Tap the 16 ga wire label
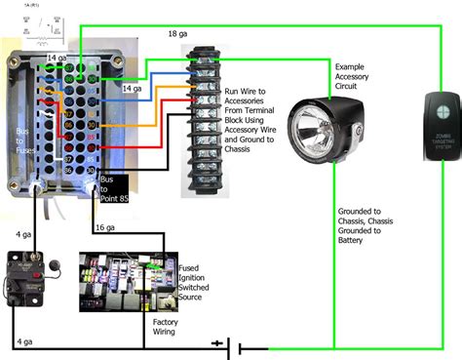pos(104,227)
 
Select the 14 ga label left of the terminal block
pos(134,89)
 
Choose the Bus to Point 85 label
pos(113,191)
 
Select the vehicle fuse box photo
pos(114,282)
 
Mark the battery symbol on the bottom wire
pos(230,344)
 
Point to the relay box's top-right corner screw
pos(117,49)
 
